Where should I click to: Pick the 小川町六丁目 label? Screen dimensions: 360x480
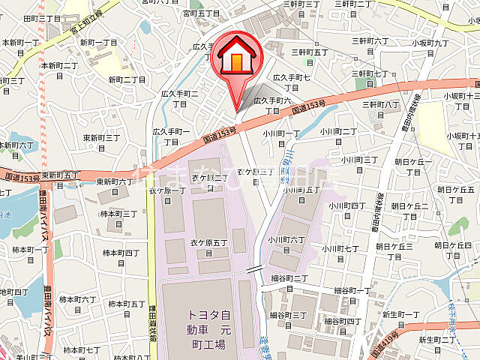tap(286, 245)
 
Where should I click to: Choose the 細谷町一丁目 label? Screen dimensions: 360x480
tap(352, 295)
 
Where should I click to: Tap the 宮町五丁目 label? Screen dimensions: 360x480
tap(202, 13)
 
